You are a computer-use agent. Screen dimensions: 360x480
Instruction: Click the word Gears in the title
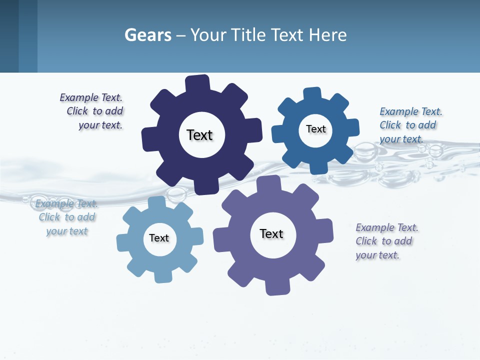point(148,35)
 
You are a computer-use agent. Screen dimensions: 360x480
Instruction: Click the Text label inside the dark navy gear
point(199,135)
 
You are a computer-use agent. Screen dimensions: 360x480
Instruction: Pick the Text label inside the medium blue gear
point(315,129)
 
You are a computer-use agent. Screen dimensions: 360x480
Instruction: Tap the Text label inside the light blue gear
point(159,238)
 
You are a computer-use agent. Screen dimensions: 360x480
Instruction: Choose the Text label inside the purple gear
point(271,233)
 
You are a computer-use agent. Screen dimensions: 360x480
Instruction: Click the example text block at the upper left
point(92,111)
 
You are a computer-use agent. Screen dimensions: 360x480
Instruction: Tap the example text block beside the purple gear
point(386,241)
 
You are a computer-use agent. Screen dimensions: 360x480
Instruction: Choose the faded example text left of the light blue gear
point(66,217)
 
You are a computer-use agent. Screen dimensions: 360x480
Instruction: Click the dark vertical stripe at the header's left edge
point(9,36)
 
